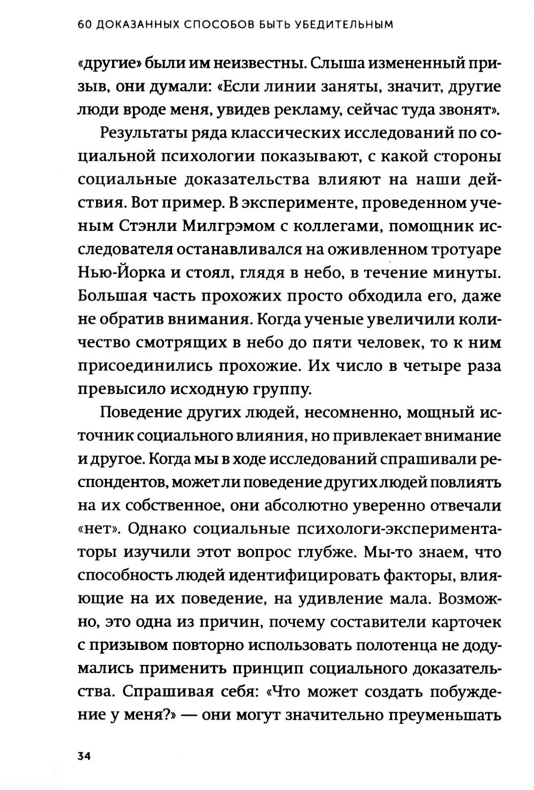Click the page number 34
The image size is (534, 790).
click(x=85, y=756)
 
